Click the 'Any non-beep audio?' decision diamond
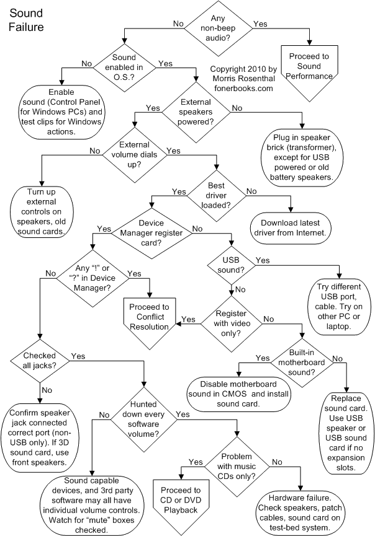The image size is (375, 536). point(218,29)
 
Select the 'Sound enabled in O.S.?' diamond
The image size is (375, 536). point(124,68)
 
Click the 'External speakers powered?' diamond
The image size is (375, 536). point(196,112)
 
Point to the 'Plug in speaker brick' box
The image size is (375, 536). point(302,157)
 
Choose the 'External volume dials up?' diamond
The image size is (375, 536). point(135,155)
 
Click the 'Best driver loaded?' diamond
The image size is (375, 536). point(216,196)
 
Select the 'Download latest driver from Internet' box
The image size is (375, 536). point(291,228)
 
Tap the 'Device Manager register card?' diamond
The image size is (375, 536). point(151,233)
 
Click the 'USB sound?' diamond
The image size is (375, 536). point(231,265)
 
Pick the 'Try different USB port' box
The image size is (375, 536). point(339,307)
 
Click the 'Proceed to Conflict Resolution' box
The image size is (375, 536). point(149,322)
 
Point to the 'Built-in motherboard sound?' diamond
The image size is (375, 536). point(302,362)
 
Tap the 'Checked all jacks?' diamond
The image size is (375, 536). point(40,361)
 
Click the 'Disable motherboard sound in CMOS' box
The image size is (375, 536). point(238,394)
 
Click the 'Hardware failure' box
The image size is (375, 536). point(300,512)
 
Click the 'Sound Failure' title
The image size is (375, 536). point(26,20)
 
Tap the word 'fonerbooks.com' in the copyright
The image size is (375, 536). point(243,89)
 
